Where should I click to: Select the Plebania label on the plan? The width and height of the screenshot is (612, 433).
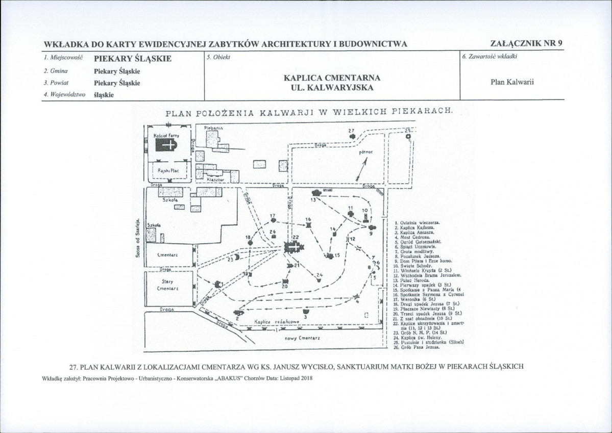[x=213, y=128]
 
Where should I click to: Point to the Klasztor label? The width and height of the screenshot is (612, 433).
[x=217, y=180]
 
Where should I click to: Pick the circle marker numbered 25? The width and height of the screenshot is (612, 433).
[x=408, y=136]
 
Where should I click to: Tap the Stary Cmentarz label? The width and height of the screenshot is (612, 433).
[x=169, y=285]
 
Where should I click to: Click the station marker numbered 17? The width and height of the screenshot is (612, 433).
[x=274, y=220]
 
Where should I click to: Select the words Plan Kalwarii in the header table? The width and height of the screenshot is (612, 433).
[x=512, y=82]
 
